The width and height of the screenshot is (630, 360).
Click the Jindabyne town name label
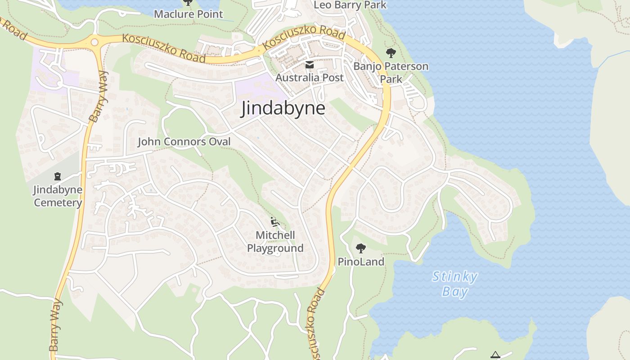[x=283, y=108]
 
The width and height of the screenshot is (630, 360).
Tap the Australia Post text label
[x=309, y=77]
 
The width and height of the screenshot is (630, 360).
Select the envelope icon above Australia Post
[x=310, y=65]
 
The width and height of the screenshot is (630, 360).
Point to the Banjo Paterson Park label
[x=391, y=72]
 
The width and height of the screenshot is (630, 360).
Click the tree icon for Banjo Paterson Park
[x=391, y=53]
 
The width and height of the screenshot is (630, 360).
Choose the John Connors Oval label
[x=184, y=142]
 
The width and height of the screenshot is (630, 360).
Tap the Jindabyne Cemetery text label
[x=58, y=196]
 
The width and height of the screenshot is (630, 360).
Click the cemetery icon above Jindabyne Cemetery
[x=58, y=176]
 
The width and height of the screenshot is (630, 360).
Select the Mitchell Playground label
[x=275, y=242]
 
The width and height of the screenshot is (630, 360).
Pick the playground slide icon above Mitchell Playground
[x=275, y=222]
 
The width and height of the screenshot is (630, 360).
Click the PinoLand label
[x=361, y=261]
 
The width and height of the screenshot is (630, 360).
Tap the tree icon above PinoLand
[x=360, y=248]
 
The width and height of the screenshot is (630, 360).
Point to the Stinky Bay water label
[x=454, y=283]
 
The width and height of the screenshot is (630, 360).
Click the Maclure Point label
[x=189, y=14]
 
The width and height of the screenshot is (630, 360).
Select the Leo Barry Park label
[x=350, y=5]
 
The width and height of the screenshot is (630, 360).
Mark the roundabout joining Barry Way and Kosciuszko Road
[x=94, y=42]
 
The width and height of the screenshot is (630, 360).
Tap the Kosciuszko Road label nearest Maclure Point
[x=164, y=48]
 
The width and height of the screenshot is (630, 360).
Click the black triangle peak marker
[x=495, y=355]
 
